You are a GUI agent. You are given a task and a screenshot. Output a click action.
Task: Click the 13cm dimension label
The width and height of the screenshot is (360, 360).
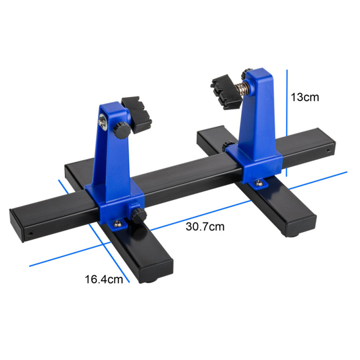point(305,97)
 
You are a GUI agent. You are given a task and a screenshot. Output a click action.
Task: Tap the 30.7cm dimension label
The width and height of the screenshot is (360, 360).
point(205,227)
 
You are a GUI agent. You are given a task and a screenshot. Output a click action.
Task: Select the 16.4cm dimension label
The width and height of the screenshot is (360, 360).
point(104,279)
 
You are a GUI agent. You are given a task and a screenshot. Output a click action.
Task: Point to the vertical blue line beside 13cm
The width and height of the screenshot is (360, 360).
point(286,123)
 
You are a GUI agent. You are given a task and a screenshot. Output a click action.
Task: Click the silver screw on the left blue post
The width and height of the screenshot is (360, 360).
point(102,122)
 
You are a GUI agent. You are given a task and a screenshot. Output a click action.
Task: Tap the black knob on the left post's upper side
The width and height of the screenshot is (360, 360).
point(121,130)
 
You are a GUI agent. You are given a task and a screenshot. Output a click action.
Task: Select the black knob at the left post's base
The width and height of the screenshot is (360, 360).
point(138,215)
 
